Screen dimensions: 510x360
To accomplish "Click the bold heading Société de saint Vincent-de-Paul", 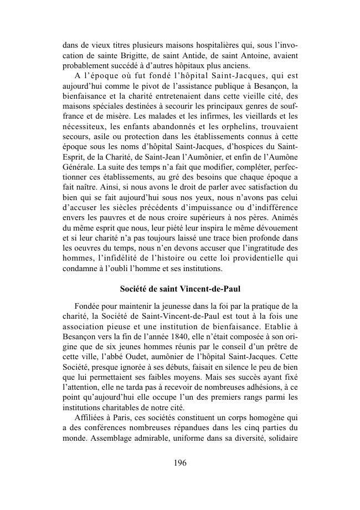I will pos(180,289).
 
